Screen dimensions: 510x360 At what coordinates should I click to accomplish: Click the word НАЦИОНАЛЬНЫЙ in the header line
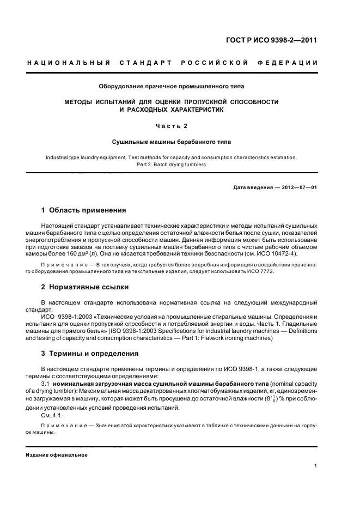[69, 63]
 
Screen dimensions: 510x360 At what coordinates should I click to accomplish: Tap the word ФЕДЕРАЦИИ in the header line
[295, 63]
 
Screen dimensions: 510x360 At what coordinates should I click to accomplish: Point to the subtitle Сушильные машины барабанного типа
[172, 142]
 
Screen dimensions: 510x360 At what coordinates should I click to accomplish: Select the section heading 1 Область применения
[84, 210]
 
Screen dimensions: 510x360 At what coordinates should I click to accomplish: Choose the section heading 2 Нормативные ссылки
[85, 287]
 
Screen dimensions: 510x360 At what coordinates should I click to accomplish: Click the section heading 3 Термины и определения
[90, 353]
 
